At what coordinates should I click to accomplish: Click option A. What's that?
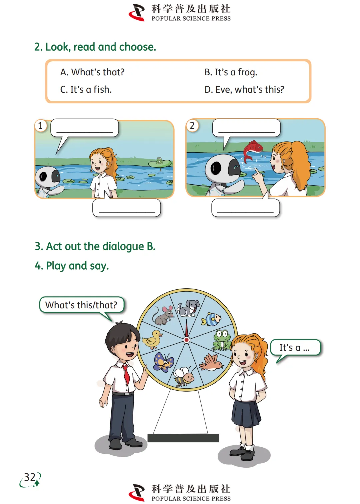coord(92,72)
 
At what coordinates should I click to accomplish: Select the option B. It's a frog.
coord(231,72)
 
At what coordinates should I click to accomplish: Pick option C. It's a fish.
coord(86,90)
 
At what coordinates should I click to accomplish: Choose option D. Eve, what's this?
coord(244,90)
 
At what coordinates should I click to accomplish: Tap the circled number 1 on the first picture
coord(41,126)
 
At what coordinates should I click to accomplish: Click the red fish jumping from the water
coord(253,151)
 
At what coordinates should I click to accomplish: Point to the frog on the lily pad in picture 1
coord(159,160)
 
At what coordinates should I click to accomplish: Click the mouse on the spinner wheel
coord(163,315)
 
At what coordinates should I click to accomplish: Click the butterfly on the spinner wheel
coord(164,362)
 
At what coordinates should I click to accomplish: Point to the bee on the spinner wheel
coord(184,376)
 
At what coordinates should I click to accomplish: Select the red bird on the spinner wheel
coord(211,363)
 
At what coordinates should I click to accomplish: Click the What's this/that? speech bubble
coord(81,305)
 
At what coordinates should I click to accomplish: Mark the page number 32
coord(30,477)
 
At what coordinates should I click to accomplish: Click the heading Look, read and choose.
coord(95,47)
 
